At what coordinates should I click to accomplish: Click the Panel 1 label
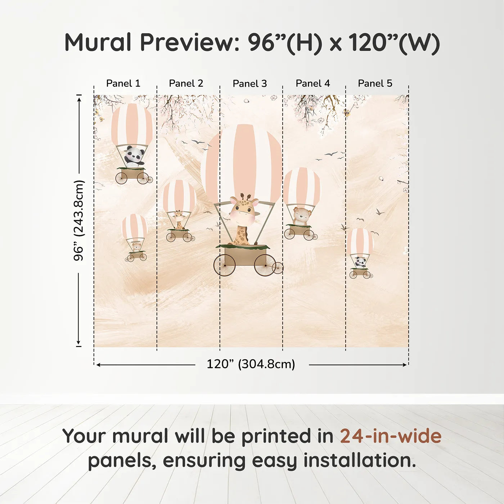pos(123,84)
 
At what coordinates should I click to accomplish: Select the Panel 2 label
pos(186,84)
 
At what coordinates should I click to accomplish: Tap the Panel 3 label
pos(250,84)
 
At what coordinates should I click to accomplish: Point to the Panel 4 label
pos(313,84)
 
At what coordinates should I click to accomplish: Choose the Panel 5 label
pos(375,84)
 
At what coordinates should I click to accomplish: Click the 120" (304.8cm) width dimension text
pos(251,364)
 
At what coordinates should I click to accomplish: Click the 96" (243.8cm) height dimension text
pos(79,220)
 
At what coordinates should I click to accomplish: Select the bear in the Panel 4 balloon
pos(301,215)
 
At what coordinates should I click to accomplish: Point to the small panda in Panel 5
pos(360,262)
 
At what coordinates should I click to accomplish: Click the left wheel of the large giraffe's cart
pos(225,265)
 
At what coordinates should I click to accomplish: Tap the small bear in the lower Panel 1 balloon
pos(136,247)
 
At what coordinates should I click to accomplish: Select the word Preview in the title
pos(187,42)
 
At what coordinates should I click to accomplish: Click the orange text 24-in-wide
pos(391,436)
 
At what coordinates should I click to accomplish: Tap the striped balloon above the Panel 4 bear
pos(302,186)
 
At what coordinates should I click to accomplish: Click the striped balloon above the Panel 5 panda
pos(360,241)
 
